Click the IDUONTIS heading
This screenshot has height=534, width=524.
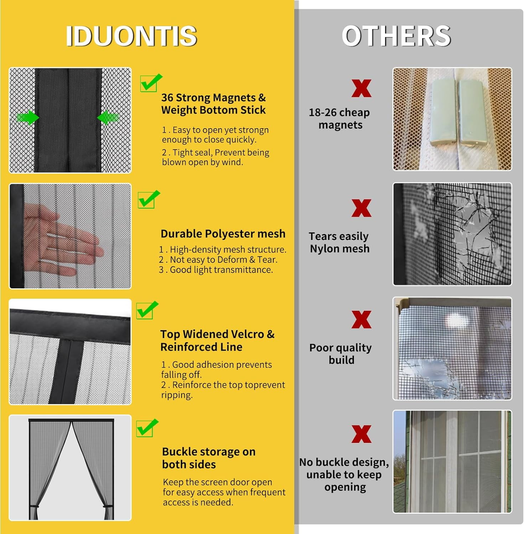(x=131, y=36)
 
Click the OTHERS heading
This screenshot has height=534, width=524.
(x=396, y=36)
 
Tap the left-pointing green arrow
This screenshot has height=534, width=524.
(x=108, y=117)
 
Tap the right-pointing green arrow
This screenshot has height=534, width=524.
(x=28, y=117)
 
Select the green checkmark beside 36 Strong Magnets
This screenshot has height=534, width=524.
(x=151, y=83)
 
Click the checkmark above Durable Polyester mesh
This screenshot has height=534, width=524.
(x=149, y=199)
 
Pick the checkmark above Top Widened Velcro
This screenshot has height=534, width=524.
(x=147, y=310)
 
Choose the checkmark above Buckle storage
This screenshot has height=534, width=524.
(x=147, y=428)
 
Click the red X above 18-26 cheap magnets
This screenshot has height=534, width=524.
(x=361, y=88)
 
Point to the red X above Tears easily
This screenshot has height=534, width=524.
(x=361, y=208)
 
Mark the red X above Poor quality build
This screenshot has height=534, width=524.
(x=361, y=319)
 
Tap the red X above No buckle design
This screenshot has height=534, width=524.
(x=361, y=434)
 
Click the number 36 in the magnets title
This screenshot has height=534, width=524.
(x=167, y=98)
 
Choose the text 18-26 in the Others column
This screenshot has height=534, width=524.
(x=323, y=112)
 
